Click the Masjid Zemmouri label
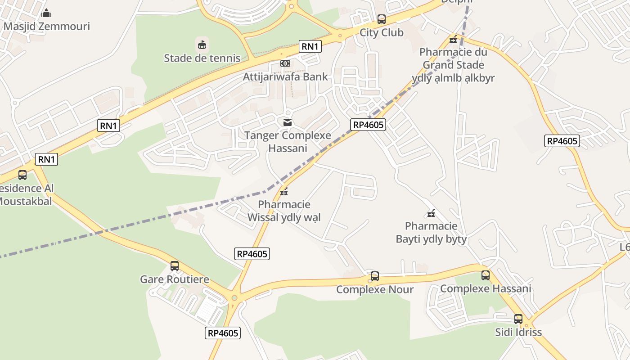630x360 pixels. (x=46, y=26)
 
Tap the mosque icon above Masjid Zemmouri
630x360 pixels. (x=46, y=13)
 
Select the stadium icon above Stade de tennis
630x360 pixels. (x=202, y=45)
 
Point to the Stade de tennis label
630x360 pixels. (x=202, y=58)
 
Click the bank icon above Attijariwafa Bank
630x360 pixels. (x=285, y=63)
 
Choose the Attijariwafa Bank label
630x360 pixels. (x=285, y=76)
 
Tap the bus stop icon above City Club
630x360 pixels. (x=382, y=19)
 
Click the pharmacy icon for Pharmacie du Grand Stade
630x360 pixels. (x=453, y=39)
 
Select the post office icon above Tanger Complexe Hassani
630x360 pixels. (x=288, y=122)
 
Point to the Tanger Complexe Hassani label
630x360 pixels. (x=288, y=142)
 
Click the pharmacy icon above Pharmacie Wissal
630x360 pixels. (x=284, y=192)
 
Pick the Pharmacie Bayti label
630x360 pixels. (x=431, y=232)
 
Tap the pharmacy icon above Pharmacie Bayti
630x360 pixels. (x=431, y=213)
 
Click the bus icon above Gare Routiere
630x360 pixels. (x=175, y=266)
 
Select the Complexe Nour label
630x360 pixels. (x=375, y=289)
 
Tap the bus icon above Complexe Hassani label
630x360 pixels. (x=486, y=275)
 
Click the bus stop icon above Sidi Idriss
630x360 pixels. (x=518, y=319)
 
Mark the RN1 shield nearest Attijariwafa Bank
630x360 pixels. (x=310, y=46)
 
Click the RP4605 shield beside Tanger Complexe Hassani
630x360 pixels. (x=368, y=125)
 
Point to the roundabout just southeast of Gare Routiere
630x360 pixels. (x=234, y=298)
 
